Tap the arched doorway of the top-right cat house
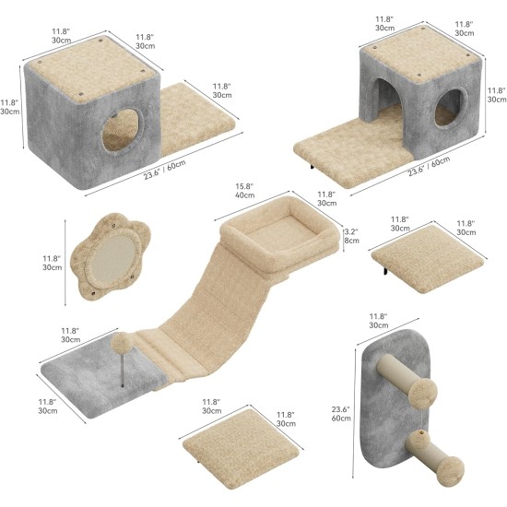389,97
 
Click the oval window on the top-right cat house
450,108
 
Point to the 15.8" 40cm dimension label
244,191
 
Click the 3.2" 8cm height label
351,236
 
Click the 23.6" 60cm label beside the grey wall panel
341,414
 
